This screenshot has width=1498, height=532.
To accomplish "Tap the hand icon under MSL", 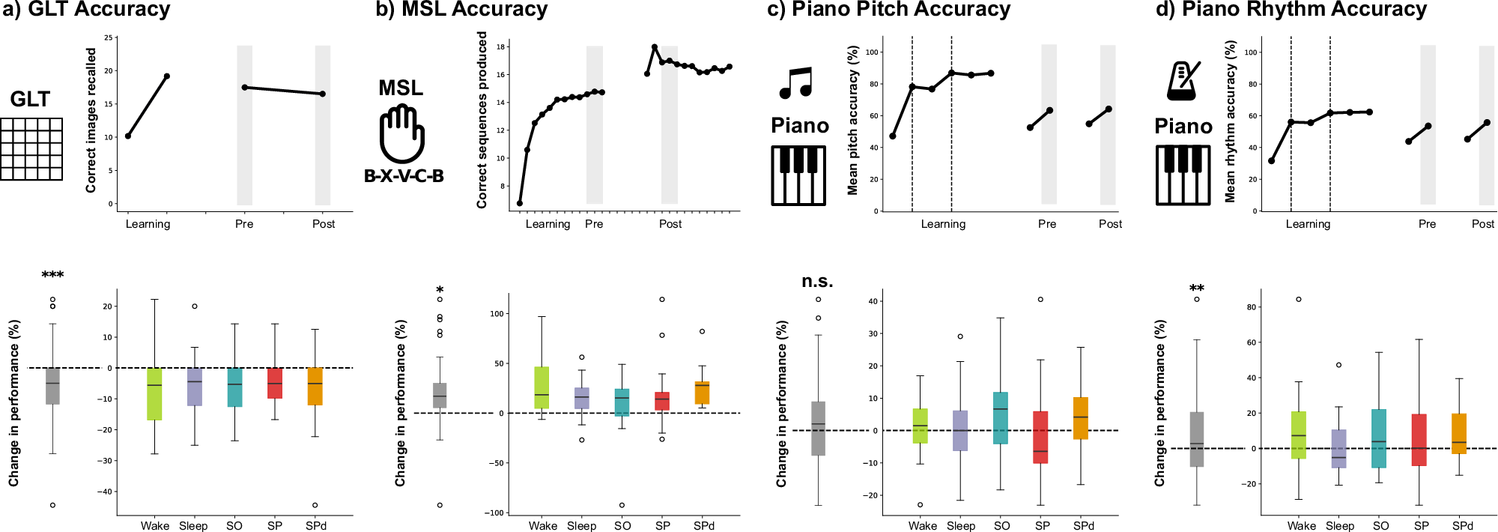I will tap(402, 133).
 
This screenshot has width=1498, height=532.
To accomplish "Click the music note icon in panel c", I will tap(796, 83).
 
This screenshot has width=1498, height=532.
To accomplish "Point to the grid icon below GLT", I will tap(31, 149).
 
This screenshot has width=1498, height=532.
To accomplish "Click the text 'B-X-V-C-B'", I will tap(404, 176).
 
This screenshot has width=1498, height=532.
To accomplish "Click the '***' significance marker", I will tap(52, 275).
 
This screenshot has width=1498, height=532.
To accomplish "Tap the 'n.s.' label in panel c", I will tap(817, 282).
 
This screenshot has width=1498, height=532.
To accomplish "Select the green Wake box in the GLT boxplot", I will tap(154, 393).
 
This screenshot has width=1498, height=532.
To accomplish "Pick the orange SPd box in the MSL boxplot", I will tap(702, 393).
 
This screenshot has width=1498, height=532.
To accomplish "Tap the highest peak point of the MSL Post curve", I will tap(655, 47).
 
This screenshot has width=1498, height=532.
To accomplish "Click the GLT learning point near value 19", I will tap(167, 76).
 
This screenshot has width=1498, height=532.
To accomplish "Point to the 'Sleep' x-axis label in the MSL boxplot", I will tap(581, 526).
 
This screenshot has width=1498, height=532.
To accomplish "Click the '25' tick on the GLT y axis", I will tap(109, 37).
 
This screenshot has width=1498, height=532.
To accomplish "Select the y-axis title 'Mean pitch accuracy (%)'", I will tap(852, 120).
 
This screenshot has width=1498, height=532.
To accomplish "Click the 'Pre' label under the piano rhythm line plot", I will tap(1427, 224).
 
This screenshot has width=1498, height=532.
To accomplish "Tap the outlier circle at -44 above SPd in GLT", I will tap(315, 505).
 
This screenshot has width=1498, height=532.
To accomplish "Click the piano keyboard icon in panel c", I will tap(798, 175).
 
